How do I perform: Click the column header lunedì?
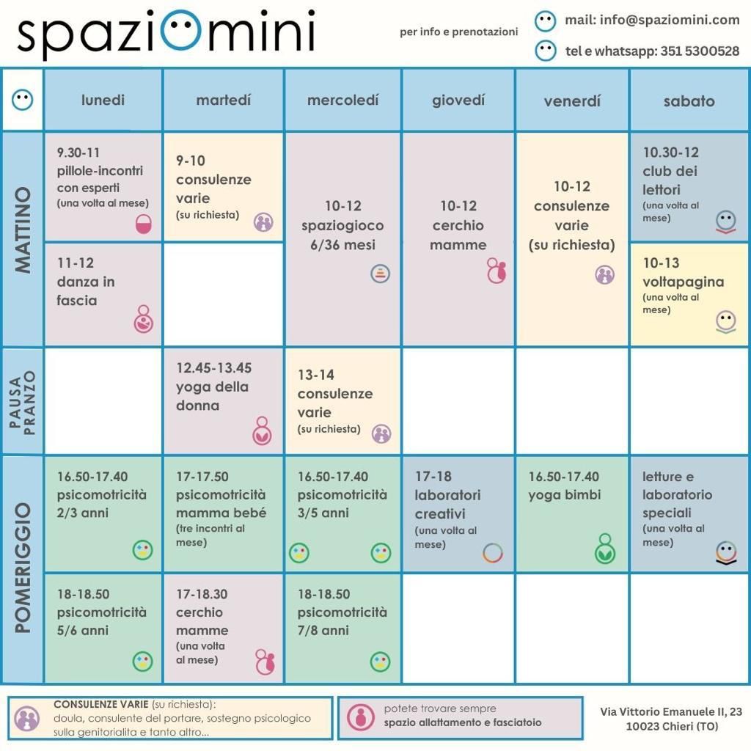(103, 100)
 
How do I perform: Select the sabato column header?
(689, 101)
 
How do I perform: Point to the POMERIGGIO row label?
(23, 568)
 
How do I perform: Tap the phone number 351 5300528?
(700, 51)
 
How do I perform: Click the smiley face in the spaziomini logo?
(181, 32)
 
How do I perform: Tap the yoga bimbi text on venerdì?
(564, 495)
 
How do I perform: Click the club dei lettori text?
(670, 180)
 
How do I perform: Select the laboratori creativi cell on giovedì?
(458, 513)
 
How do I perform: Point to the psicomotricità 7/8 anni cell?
(342, 628)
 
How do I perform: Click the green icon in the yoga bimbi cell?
(605, 549)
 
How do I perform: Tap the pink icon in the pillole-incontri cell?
(143, 224)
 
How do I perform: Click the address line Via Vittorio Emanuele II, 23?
(670, 711)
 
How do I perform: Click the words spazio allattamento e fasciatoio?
(462, 722)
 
